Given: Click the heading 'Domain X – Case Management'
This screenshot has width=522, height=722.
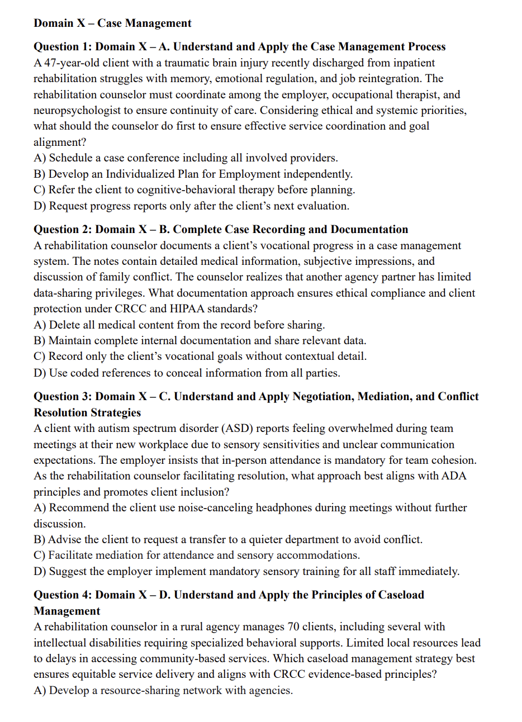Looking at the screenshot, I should (112, 23).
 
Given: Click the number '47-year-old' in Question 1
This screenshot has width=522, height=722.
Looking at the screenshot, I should (72, 63).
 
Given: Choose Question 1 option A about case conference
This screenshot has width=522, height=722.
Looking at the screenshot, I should (186, 158).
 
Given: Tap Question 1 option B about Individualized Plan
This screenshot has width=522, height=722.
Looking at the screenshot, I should (193, 174).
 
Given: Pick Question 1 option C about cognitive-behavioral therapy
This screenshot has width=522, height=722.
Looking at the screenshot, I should (194, 190).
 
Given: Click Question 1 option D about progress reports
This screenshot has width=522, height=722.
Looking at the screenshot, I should (191, 206).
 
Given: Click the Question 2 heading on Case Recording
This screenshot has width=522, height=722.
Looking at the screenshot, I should (221, 230).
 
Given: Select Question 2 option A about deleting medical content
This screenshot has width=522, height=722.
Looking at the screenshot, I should (179, 325).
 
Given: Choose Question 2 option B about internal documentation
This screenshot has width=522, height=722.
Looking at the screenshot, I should (200, 340).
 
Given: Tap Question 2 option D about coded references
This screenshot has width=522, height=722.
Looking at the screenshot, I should (187, 373).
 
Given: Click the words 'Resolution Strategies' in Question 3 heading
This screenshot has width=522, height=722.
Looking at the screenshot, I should (87, 412).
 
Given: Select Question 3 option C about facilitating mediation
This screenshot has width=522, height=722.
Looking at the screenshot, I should (196, 555).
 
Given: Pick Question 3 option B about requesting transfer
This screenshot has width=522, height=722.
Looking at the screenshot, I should (227, 540).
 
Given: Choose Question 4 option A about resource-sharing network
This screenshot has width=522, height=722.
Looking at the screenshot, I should (163, 691).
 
